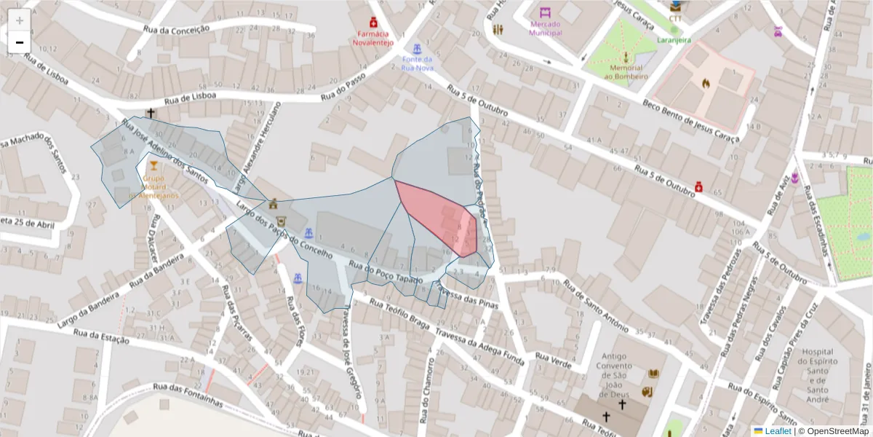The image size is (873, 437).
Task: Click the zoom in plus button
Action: pos(20,20)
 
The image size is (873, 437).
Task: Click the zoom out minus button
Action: pos(20,42)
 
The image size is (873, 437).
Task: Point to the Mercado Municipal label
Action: pos(545,28)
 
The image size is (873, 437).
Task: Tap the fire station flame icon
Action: pos(704,83)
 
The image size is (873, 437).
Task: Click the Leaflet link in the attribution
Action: pos(778,431)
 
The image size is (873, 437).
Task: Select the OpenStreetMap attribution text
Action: pos(835,431)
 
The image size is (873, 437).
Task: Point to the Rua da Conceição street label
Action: pos(177,32)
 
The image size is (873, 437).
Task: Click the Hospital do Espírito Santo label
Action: pos(819,370)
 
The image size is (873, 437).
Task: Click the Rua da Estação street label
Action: pos(101,337)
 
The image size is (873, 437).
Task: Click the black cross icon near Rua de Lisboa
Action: pos(151,113)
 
